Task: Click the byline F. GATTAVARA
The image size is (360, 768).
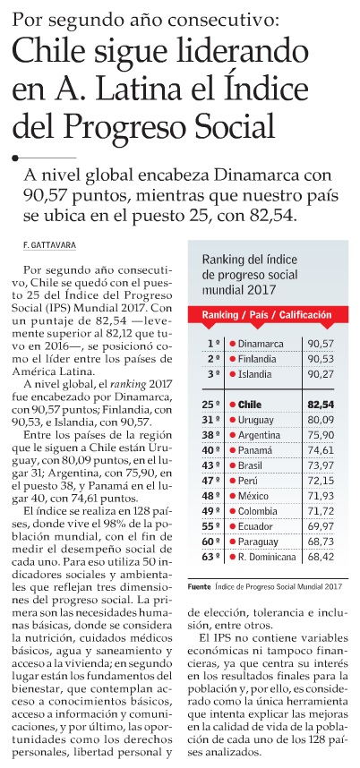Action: [49, 245]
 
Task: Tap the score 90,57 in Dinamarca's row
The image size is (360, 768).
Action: [320, 344]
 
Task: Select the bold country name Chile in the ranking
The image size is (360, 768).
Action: [250, 405]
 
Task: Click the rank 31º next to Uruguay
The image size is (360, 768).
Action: [211, 420]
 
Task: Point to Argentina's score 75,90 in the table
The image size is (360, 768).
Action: [321, 435]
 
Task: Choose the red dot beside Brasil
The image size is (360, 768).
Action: [232, 465]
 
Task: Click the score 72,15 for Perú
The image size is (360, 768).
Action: [321, 481]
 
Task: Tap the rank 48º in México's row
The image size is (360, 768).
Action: [211, 496]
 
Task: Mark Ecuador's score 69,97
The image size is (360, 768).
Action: [321, 526]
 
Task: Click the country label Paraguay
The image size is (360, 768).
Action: [258, 542]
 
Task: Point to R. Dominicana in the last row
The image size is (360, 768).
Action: [267, 557]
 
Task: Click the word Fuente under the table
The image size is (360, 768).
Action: [200, 586]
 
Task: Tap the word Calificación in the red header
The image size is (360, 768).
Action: [305, 315]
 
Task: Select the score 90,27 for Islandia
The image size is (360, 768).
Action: [320, 374]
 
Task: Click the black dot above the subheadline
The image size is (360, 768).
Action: [15, 158]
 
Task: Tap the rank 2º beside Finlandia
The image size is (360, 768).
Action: [213, 359]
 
